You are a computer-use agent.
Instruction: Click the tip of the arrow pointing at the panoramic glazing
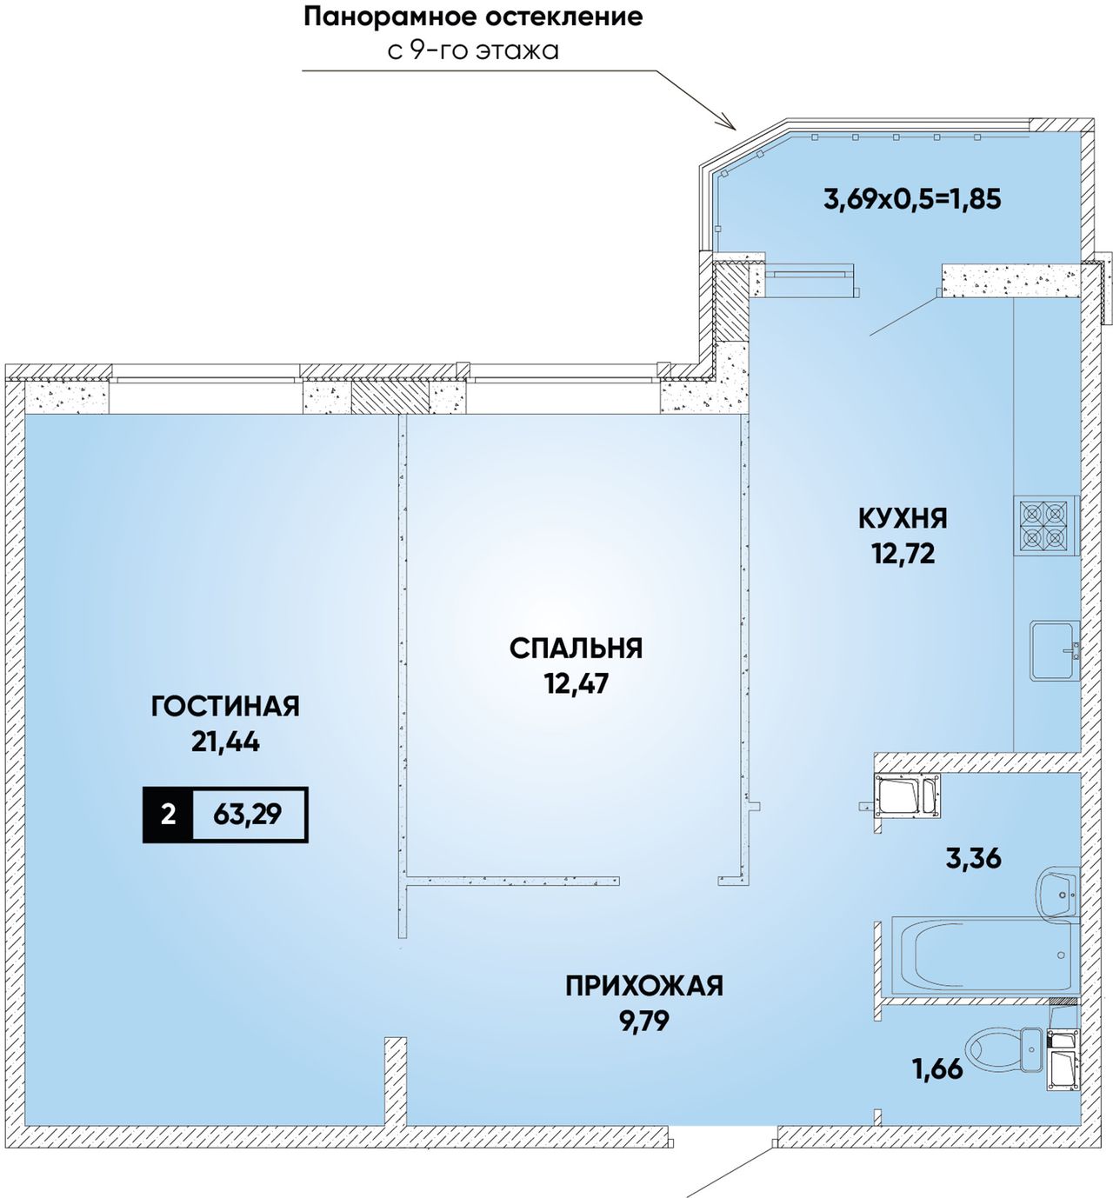[735, 130]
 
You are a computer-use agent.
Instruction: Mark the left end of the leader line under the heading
[303, 71]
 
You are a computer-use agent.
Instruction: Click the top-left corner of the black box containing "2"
[143, 787]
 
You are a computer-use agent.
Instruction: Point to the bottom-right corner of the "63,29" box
[308, 842]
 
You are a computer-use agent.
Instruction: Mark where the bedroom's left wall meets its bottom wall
[408, 881]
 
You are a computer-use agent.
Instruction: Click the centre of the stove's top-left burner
[1031, 513]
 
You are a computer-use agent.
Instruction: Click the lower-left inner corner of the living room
[24, 1126]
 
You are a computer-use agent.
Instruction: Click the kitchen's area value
[903, 553]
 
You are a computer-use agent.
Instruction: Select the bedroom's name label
[576, 649]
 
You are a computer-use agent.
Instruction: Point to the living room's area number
[225, 742]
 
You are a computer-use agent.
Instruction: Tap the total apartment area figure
[248, 815]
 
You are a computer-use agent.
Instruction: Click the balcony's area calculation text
[912, 198]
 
